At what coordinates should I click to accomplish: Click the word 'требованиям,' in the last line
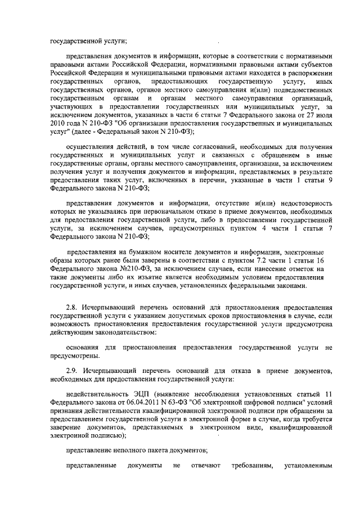coord(247,466)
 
